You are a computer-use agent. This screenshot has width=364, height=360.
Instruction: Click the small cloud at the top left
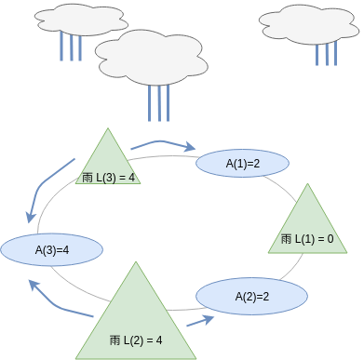[70, 18]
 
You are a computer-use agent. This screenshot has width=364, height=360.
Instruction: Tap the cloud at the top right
[310, 22]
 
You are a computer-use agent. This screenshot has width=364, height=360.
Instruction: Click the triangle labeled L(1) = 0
[307, 223]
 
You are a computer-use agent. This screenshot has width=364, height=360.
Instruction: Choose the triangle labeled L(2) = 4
[137, 316]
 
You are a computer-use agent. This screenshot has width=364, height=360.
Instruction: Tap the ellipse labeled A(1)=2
[243, 163]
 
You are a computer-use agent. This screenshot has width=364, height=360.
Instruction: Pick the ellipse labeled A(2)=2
[252, 297]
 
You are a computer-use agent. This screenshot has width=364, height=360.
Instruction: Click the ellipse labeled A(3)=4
[52, 249]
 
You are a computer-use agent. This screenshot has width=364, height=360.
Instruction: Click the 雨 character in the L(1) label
[286, 239]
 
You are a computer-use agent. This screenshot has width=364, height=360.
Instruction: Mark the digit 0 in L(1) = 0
[330, 239]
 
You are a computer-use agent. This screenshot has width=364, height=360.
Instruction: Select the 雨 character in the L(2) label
[115, 339]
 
